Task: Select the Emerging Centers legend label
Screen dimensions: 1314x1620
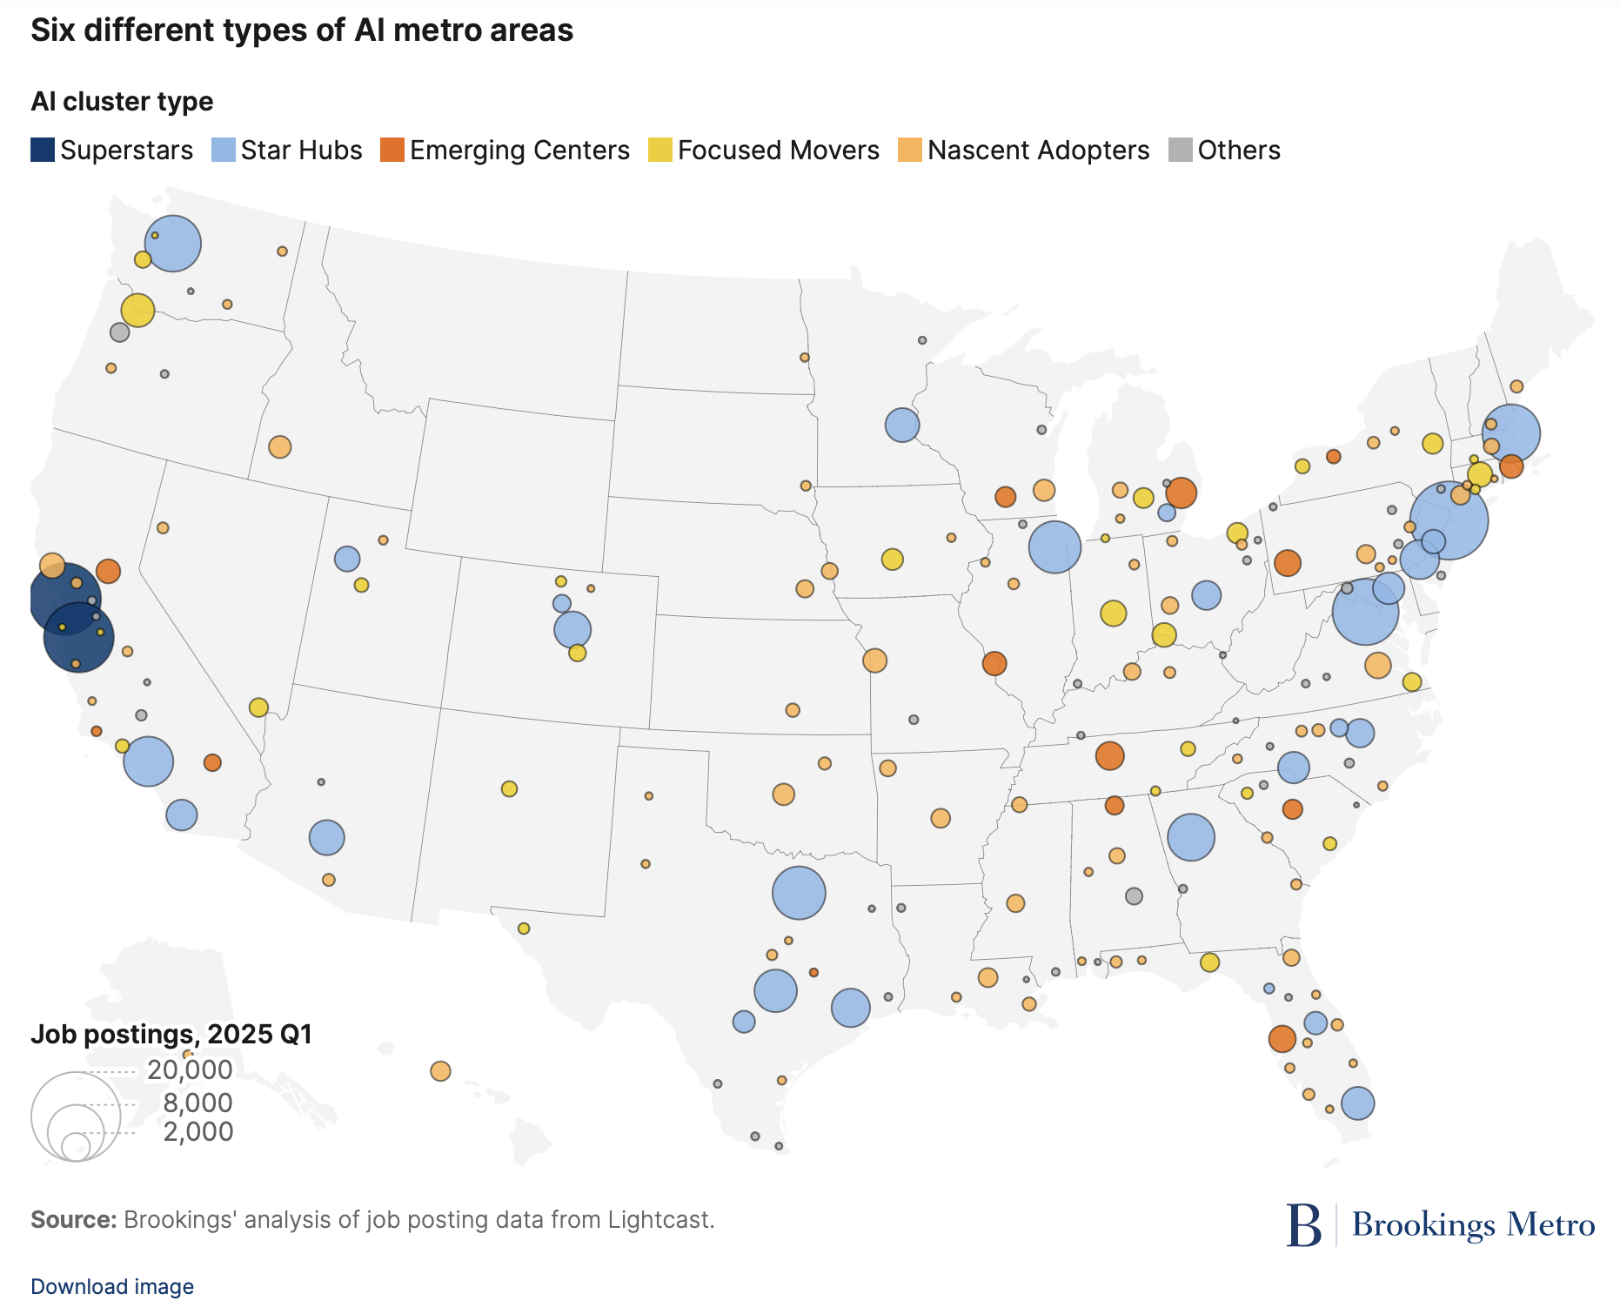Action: [519, 151]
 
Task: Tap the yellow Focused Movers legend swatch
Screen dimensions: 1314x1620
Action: [660, 151]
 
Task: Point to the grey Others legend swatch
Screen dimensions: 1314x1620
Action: [1180, 151]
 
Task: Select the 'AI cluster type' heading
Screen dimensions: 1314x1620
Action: [122, 102]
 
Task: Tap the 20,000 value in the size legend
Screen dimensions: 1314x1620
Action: [190, 1069]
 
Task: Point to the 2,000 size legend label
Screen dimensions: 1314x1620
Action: [198, 1131]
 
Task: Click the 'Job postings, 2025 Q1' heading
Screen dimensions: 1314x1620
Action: [171, 1034]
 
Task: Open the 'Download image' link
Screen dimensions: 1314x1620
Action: [112, 1286]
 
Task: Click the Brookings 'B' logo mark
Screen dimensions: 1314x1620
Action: [1304, 1224]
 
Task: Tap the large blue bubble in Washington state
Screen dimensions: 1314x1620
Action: [172, 244]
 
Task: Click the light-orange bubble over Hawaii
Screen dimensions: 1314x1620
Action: [440, 1071]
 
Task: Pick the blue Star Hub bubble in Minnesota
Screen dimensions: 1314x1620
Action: [902, 425]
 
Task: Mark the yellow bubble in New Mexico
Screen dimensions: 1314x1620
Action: [509, 788]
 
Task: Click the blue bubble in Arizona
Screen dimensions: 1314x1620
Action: [326, 837]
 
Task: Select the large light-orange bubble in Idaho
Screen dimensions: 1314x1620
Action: [279, 447]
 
